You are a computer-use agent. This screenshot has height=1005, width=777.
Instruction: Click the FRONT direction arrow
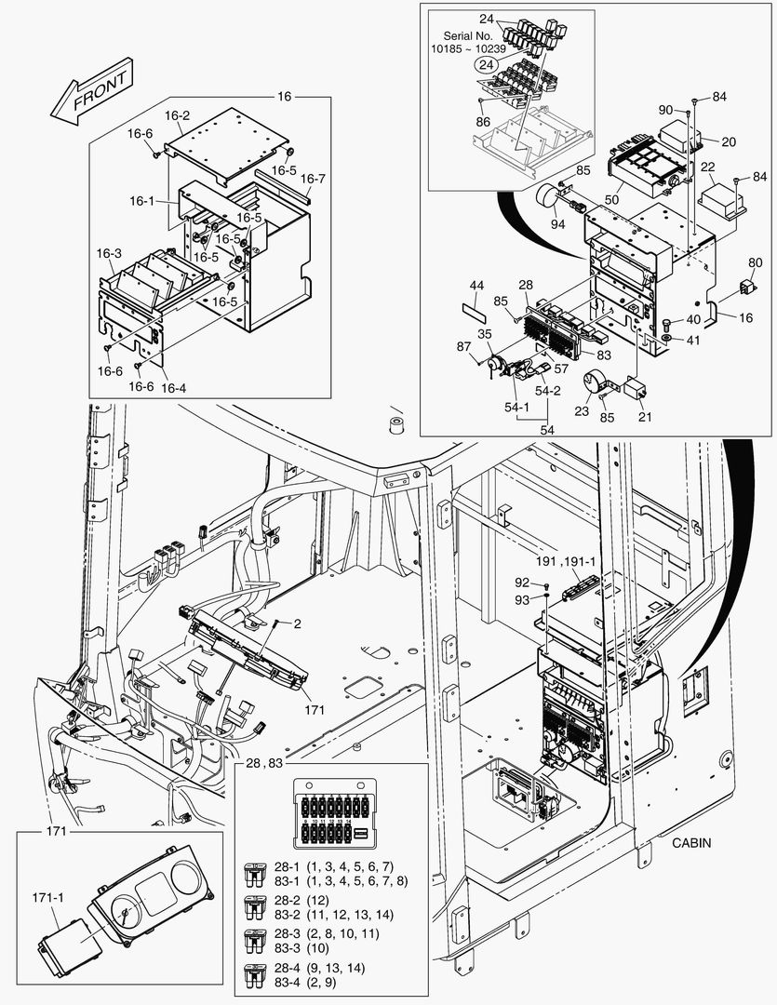pyautogui.click(x=90, y=93)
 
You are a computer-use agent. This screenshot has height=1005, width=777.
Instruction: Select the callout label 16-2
pyautogui.click(x=177, y=115)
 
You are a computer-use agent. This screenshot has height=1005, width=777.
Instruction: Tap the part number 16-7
pyautogui.click(x=313, y=179)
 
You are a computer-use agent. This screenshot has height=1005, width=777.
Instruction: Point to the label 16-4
pyautogui.click(x=174, y=387)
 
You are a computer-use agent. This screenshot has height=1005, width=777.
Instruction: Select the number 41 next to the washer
pyautogui.click(x=693, y=341)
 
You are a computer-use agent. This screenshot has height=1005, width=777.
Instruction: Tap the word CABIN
pyautogui.click(x=690, y=843)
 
